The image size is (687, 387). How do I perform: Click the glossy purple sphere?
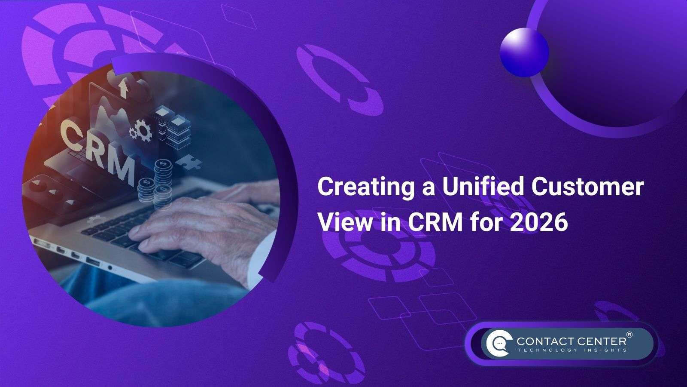pos(524,52)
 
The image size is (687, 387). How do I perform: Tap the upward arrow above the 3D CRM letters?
pos(124,88)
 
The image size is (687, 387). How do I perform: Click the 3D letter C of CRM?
pos(71,134)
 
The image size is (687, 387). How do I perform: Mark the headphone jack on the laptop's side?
pos(110,268)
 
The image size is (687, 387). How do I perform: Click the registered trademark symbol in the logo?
pos(629,335)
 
